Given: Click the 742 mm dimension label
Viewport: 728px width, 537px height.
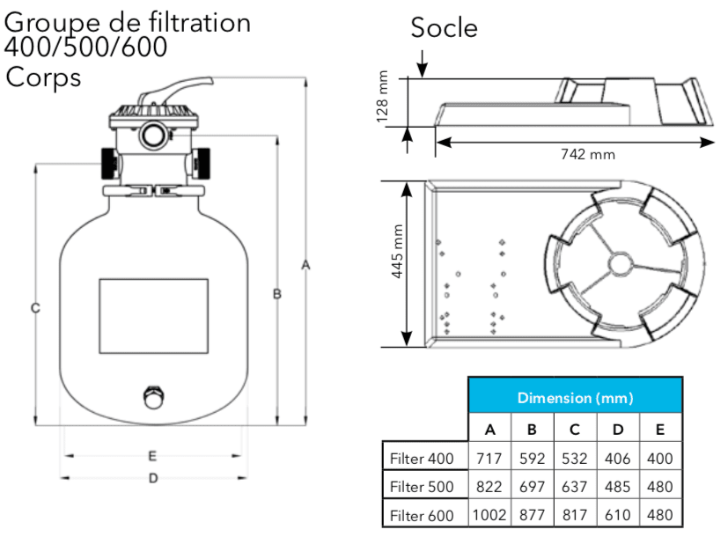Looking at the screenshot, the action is click(x=588, y=154).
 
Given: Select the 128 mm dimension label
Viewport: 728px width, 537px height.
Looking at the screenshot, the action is click(x=382, y=97).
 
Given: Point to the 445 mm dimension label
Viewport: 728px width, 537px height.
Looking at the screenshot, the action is click(x=397, y=251).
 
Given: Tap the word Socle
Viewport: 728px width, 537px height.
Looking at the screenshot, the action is click(x=444, y=27).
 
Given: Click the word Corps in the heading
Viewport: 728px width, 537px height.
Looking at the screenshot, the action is click(x=43, y=77).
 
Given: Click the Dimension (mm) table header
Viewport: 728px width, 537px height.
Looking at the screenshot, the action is click(x=575, y=398).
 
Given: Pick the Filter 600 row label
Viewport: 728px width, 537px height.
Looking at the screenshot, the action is click(x=422, y=515).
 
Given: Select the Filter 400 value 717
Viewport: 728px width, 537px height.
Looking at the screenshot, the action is click(x=489, y=459).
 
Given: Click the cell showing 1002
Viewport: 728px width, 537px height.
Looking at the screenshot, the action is click(x=489, y=515).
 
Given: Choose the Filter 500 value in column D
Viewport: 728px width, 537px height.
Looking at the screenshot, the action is click(x=617, y=487).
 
